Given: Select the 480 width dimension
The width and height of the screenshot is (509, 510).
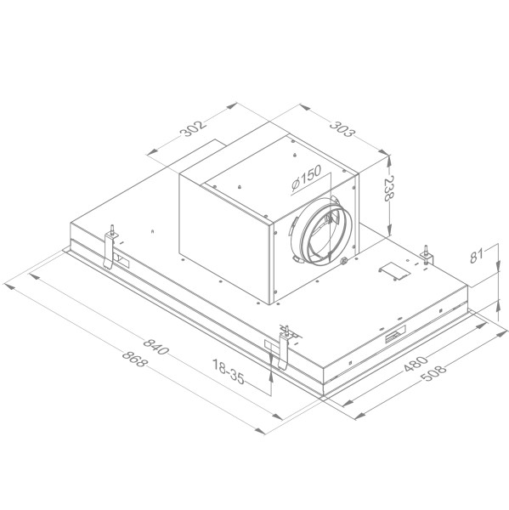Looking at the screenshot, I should click(414, 365).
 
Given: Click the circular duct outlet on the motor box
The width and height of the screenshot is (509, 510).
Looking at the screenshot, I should click(325, 231).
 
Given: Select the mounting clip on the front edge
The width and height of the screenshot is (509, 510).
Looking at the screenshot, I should click(285, 347).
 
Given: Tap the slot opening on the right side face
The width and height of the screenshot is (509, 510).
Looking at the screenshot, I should click(395, 337).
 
